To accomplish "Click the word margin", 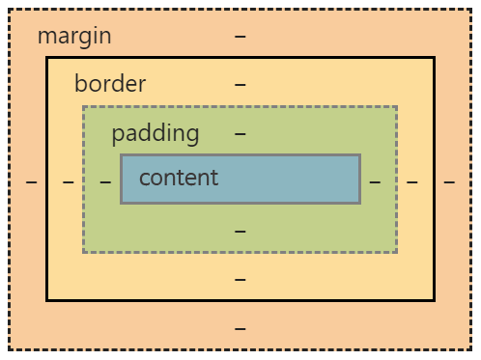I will [x=74, y=37].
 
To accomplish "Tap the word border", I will [x=110, y=84].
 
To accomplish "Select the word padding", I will [x=155, y=133].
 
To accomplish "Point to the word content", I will [x=179, y=178].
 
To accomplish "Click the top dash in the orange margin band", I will [x=240, y=37].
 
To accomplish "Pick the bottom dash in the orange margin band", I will [x=240, y=328].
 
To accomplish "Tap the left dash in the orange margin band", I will [x=32, y=180].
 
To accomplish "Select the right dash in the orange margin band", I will [x=449, y=180].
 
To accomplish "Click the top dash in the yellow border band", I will [x=240, y=84].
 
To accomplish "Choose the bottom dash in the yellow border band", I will [x=240, y=280].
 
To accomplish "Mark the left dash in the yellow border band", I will [x=69, y=180].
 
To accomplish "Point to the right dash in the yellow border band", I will [x=411, y=180].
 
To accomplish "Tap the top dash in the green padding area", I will [x=240, y=133].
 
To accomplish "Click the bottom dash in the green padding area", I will [x=240, y=231].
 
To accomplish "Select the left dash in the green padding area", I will [x=105, y=180].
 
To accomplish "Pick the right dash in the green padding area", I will [x=375, y=180].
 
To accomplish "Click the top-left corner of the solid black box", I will [x=47, y=58].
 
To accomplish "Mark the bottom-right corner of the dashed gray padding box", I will [x=396, y=252].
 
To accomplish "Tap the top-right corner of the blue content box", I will [x=359, y=155].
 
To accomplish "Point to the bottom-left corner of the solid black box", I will [x=47, y=299].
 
